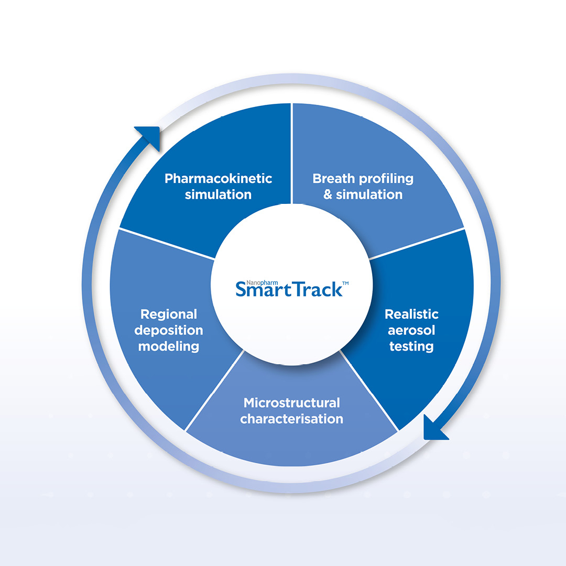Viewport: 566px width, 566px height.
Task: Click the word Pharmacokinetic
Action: coord(219,179)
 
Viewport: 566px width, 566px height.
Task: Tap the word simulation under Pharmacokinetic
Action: coord(219,194)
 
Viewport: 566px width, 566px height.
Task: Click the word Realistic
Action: coord(411,314)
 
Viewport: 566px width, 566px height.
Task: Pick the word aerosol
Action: coord(411,330)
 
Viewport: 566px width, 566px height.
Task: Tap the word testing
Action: coord(411,346)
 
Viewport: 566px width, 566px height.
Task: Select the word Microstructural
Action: coord(292,403)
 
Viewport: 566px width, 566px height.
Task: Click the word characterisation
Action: coord(292,419)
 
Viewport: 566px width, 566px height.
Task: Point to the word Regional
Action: coord(169,314)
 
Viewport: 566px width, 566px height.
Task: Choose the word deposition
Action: coord(169,330)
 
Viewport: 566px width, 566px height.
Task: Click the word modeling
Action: coord(169,346)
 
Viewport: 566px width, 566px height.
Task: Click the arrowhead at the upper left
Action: coord(148,137)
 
